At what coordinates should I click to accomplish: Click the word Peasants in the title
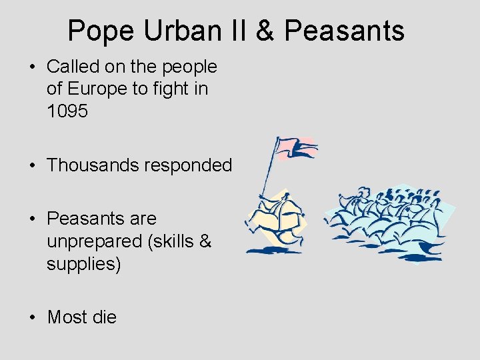click(x=345, y=31)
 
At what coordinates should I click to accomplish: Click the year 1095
click(x=67, y=111)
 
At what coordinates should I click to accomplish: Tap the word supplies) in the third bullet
click(x=83, y=264)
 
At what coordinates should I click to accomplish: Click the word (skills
click(x=173, y=241)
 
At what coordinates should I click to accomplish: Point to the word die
click(x=104, y=317)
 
